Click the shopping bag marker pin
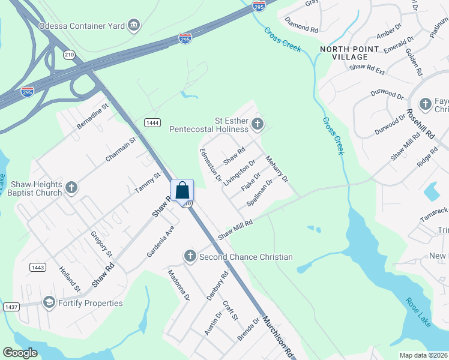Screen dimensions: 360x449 click(182, 191)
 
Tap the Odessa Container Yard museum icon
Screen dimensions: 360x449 click(134, 26)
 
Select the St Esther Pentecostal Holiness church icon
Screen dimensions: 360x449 click(258, 125)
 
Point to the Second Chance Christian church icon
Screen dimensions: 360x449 click(190, 257)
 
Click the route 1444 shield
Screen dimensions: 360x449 click(152, 122)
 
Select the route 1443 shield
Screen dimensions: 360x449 click(37, 266)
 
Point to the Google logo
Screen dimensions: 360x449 click(20, 353)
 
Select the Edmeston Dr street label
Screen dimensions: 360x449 click(211, 166)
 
